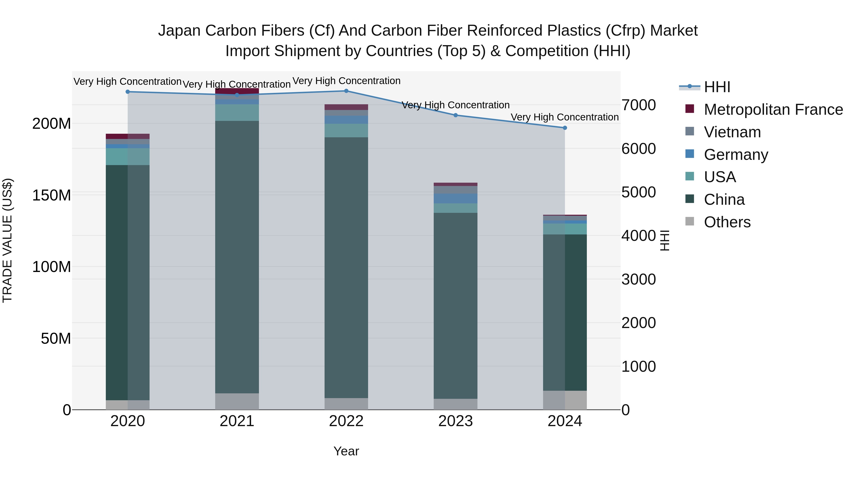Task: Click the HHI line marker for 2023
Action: pos(456,115)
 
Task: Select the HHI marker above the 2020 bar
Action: pos(128,92)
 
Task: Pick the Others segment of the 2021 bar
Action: pos(237,401)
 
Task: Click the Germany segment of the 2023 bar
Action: pos(456,199)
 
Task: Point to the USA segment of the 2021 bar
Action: pos(237,113)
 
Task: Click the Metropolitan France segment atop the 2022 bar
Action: pos(346,107)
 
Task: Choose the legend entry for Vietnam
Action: pos(732,132)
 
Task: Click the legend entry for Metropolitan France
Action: pos(773,110)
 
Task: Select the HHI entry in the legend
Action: pos(717,87)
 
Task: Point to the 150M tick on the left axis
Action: pos(52,195)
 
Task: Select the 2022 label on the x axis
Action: pos(346,421)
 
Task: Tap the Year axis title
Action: pos(346,451)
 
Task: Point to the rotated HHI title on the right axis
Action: pos(664,240)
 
